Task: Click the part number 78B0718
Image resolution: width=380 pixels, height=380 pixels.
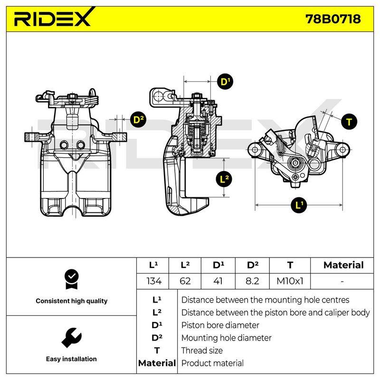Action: [333, 19]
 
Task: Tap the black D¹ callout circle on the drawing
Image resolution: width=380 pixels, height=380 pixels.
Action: [225, 82]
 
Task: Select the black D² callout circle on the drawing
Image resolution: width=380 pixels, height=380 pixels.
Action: [138, 120]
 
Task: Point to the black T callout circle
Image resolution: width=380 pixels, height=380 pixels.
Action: [349, 122]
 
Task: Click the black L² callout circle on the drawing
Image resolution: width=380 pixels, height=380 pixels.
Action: [224, 180]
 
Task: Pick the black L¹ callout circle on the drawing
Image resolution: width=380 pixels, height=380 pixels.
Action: [299, 205]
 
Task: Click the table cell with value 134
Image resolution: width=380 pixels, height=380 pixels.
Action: [153, 281]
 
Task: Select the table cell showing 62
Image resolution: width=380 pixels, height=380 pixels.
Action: [185, 281]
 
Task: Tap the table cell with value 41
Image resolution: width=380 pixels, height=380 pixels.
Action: [218, 281]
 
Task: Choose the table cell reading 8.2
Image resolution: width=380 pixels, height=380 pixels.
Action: [252, 281]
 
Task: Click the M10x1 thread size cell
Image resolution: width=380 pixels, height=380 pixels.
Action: [290, 281]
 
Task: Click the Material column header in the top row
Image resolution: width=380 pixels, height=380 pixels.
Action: [343, 265]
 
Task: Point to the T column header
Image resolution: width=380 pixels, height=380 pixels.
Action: [290, 266]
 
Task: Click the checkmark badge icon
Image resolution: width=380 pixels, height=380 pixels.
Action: [72, 279]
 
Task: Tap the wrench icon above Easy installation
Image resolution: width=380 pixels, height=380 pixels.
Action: [72, 338]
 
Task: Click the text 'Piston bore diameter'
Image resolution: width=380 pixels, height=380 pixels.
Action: [220, 325]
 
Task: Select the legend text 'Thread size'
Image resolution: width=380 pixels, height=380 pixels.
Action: [202, 351]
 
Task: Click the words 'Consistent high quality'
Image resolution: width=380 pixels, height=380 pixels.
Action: [72, 301]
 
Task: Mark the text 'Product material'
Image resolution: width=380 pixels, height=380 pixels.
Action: [212, 363]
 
